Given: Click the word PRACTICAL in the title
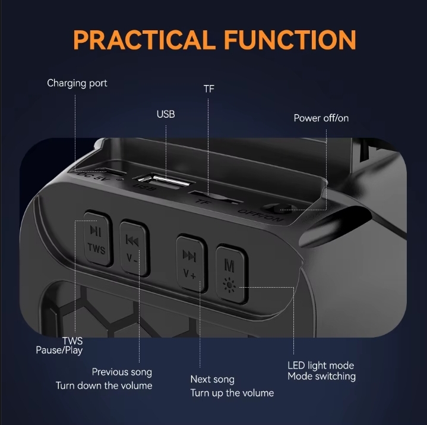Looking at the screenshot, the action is pos(143,40).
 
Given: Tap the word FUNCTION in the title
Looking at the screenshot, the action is pos(290,40).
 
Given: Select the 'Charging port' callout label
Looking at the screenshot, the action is pos(77,83).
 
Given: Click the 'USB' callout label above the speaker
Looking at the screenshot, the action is pos(166,114).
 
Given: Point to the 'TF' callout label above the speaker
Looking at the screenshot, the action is pos(209,89).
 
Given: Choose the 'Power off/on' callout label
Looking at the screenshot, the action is pos(321,118).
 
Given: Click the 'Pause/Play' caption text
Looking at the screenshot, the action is pos(59,350).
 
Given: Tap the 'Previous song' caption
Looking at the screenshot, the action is pos(122,372).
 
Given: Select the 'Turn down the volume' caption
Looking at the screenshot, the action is pos(104,385).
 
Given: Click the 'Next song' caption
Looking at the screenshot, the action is pos(213,379).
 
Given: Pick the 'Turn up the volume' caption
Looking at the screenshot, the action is pos(232,393).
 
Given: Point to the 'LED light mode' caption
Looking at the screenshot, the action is pos(321,366).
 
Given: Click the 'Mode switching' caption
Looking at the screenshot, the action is pos(322,376).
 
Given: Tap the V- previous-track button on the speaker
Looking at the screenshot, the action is pos(134,248).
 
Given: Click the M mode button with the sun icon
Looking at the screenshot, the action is pos(232,275).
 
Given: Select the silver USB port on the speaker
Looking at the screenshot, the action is pos(163,181).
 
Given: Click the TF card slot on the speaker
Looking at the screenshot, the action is pos(215,198).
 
